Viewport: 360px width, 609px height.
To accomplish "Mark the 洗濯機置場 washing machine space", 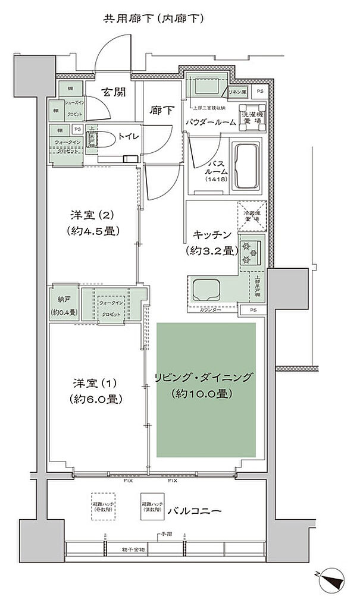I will pos(250,112).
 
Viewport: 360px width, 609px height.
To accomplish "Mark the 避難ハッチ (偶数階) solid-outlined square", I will pos(151,506).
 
